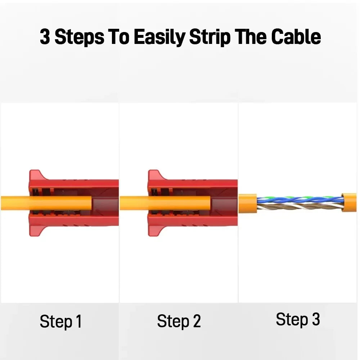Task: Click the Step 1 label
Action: point(60,321)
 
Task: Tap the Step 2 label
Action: point(179,321)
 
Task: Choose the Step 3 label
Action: point(298,319)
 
